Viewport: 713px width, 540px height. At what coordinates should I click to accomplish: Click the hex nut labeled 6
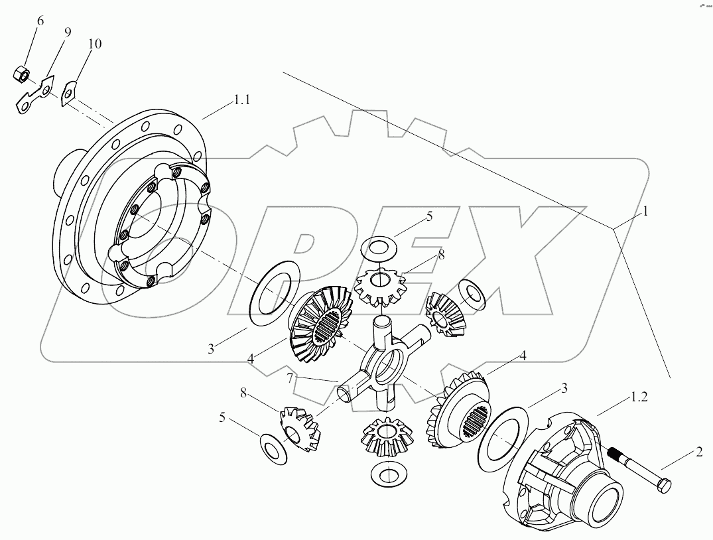[x=20, y=74]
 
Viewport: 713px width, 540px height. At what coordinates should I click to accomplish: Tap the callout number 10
[x=94, y=44]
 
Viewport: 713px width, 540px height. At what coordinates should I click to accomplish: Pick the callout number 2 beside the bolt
[x=698, y=454]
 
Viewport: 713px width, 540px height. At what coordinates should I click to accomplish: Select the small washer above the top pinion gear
[x=380, y=251]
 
